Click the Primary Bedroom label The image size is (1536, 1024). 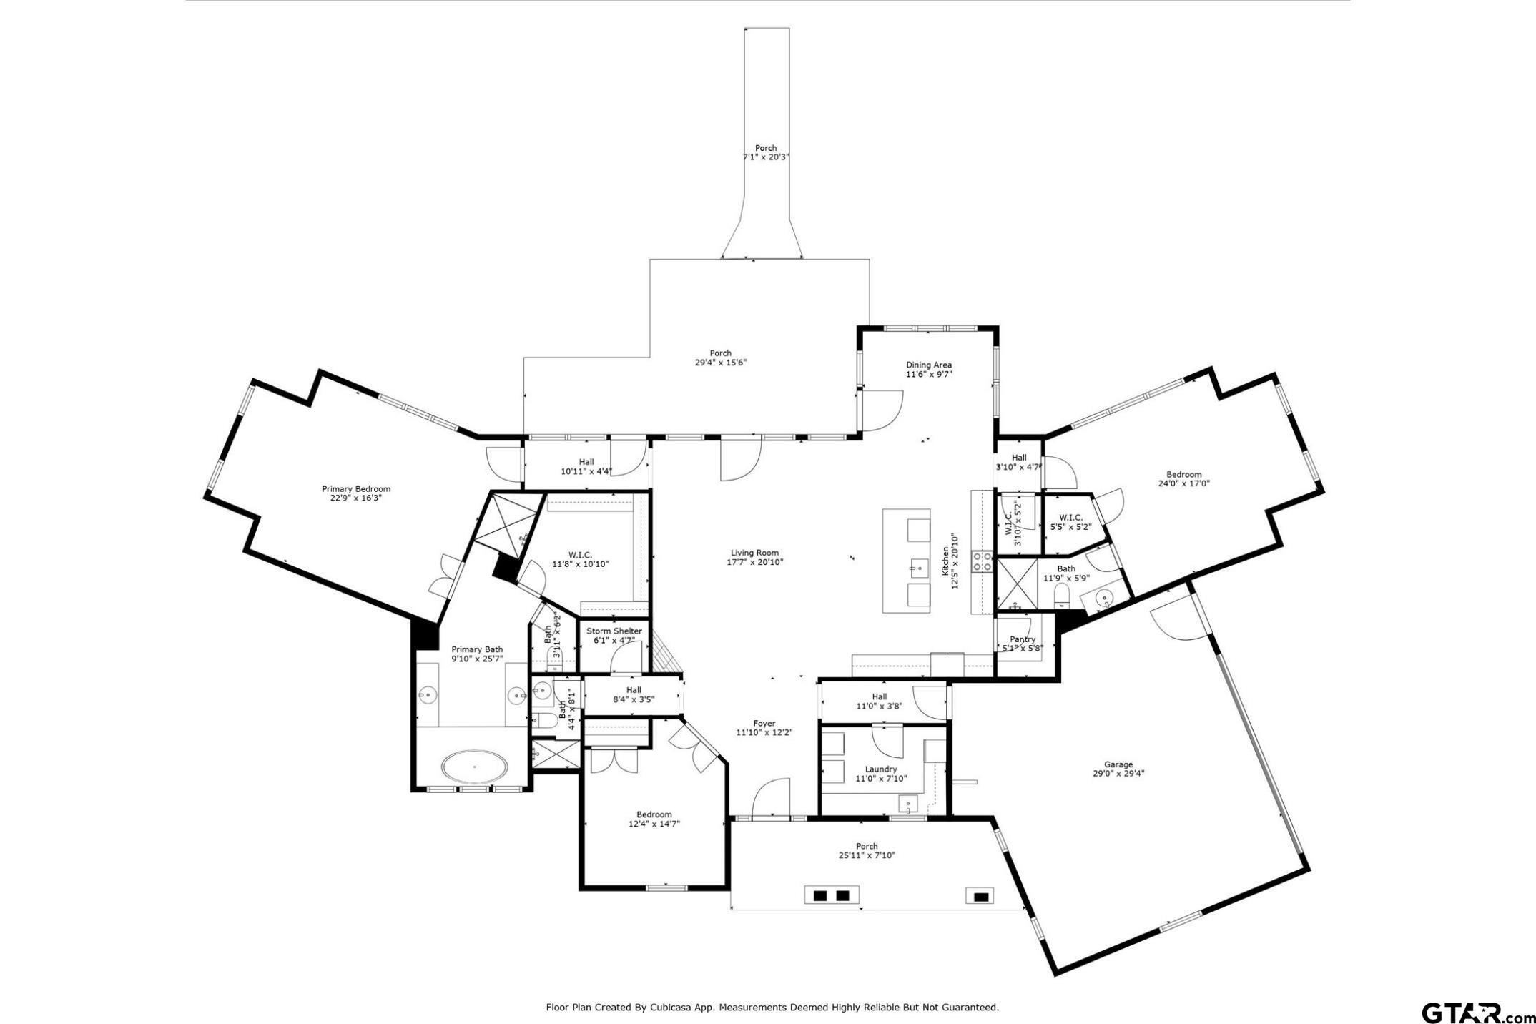coord(356,489)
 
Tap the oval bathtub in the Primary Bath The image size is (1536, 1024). coord(475,767)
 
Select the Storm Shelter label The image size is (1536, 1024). coord(614,631)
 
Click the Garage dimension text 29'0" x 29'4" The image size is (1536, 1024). coord(1118,773)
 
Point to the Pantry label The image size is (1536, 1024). coord(1023,639)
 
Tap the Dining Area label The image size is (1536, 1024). coord(929,365)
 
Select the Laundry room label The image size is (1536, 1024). coord(881,769)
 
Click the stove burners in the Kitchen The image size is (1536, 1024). coord(982,561)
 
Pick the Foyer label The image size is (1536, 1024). coord(764,724)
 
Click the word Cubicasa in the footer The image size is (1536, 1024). coord(671,1008)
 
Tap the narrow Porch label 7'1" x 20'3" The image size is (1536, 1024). coord(766,148)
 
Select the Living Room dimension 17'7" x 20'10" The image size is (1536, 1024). coord(755,562)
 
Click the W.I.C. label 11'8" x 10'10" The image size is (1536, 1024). coord(580,555)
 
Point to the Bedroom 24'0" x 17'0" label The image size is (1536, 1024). coord(1184,475)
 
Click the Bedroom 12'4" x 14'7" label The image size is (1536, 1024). coord(654,814)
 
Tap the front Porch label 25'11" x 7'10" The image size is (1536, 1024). coord(867,846)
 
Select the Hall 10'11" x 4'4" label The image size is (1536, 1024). coord(586,462)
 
